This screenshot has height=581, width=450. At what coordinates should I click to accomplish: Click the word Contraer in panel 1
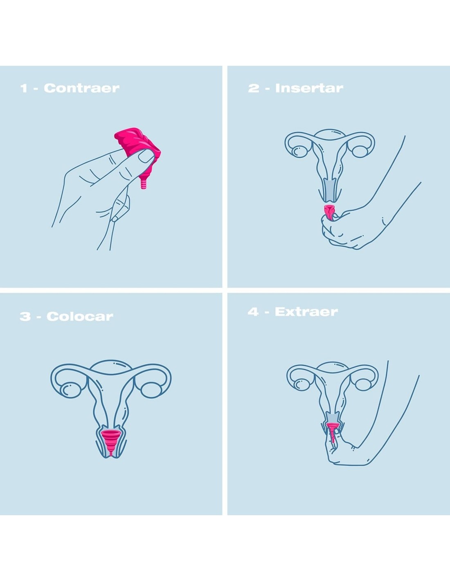(x=82, y=88)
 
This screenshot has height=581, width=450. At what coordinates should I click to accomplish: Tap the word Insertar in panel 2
(x=309, y=88)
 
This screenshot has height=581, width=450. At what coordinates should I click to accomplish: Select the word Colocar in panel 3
(x=80, y=317)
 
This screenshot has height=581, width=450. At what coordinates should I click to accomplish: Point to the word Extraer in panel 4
(x=306, y=312)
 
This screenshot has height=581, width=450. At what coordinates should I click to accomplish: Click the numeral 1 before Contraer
(x=24, y=88)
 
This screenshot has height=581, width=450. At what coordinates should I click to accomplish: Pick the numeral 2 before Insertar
(x=253, y=88)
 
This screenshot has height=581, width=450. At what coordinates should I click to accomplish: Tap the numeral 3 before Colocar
(x=25, y=317)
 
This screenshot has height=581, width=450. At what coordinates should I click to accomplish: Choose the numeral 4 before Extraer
(x=253, y=312)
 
